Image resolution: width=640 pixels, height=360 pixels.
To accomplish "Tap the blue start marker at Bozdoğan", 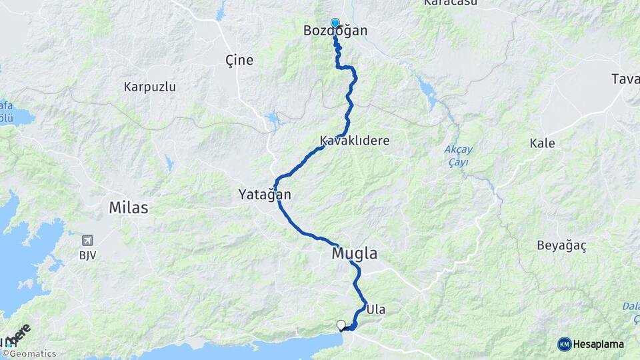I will (335, 23).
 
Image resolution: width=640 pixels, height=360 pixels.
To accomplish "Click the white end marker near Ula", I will (341, 325).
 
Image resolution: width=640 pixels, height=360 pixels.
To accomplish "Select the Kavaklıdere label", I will (355, 141).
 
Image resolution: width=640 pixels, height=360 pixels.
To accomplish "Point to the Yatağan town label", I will (265, 195).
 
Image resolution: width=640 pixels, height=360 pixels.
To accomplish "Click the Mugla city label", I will (354, 253).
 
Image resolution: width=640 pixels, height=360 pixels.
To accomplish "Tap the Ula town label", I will (376, 309).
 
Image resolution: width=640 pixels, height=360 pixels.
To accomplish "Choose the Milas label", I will (129, 208).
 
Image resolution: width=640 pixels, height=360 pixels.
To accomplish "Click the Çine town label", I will (239, 60).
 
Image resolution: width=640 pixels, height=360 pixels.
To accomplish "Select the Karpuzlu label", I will (149, 87).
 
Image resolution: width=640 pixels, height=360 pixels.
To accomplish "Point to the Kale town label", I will (542, 143).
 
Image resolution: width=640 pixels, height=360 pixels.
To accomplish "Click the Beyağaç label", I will (561, 245).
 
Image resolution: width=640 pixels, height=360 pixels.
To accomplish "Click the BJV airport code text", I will (87, 255).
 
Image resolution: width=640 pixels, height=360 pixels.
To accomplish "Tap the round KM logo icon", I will (564, 344).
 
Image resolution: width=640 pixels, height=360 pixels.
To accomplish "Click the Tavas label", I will (626, 79).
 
